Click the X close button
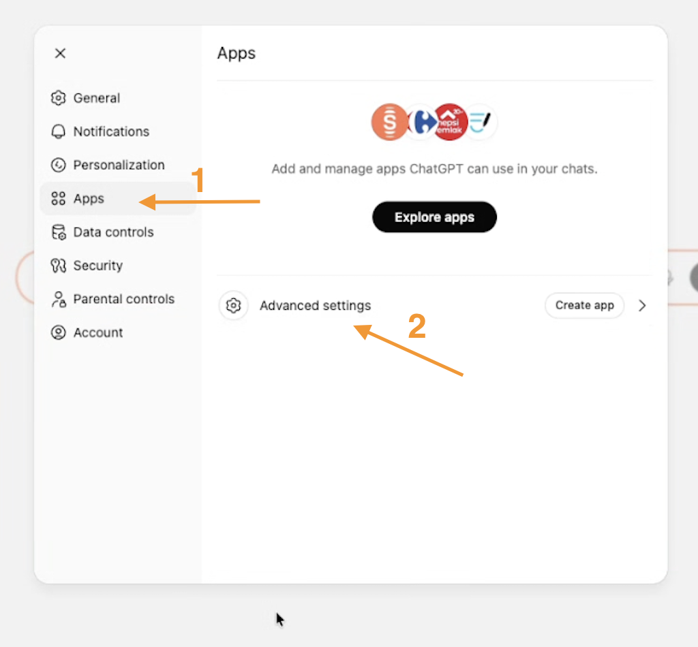coord(60,53)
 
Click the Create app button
coord(584,306)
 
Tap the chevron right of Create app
coord(642,306)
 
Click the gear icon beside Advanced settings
coord(233,306)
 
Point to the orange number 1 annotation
coord(198,180)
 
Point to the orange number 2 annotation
coord(417,326)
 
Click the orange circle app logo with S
coord(389,122)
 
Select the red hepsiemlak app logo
coord(450,122)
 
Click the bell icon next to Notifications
coord(59,131)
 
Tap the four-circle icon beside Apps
coord(59,198)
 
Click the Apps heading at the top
coord(237,54)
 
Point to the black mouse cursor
coord(280,620)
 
